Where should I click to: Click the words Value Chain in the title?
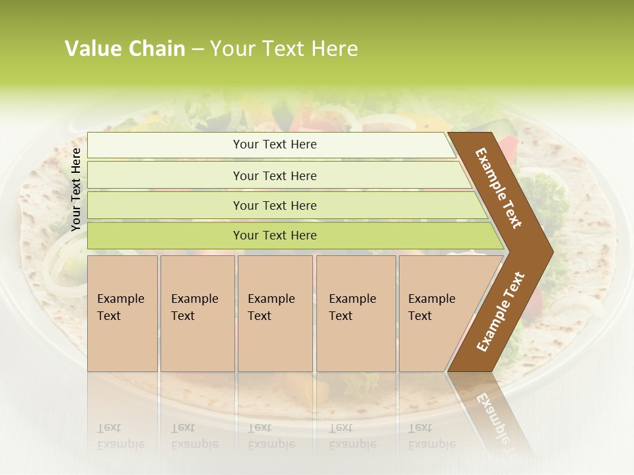125,49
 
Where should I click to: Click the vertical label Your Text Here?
76,189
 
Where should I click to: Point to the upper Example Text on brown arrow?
499,188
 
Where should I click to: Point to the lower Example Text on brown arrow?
501,312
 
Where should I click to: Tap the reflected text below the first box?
120,436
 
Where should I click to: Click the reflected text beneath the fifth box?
431,436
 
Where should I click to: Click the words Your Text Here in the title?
284,49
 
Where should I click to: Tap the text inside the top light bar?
275,144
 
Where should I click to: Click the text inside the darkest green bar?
275,236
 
